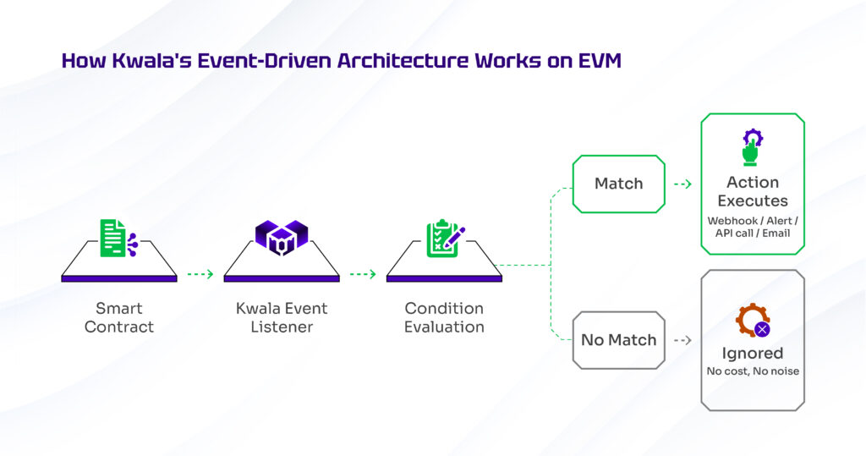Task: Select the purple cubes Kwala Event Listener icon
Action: pyautogui.click(x=281, y=238)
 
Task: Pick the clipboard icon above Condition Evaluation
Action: pyautogui.click(x=444, y=238)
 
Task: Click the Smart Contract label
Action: pyautogui.click(x=119, y=317)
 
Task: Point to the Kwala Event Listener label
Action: pyautogui.click(x=282, y=317)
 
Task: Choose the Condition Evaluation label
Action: pyautogui.click(x=444, y=317)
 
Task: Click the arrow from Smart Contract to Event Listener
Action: pyautogui.click(x=200, y=274)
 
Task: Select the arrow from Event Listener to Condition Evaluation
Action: pyautogui.click(x=363, y=274)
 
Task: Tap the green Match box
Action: pyautogui.click(x=618, y=184)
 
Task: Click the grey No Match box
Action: pyautogui.click(x=618, y=340)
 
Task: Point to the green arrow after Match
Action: pyautogui.click(x=682, y=184)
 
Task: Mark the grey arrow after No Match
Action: pyautogui.click(x=682, y=340)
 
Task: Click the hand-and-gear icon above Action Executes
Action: pyautogui.click(x=753, y=146)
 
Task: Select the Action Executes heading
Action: pyautogui.click(x=753, y=191)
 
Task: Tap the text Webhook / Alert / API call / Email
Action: pyautogui.click(x=753, y=227)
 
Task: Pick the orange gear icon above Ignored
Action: pyautogui.click(x=752, y=321)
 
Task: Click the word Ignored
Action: pyautogui.click(x=753, y=353)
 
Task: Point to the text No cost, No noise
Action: pyautogui.click(x=753, y=371)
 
